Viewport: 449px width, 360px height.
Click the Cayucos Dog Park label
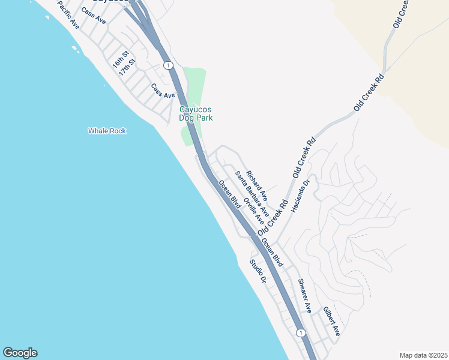coord(196,113)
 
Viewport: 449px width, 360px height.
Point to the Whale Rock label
coord(107,130)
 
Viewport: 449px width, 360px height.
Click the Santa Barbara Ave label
coord(252,194)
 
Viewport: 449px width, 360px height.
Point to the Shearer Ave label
coord(305,295)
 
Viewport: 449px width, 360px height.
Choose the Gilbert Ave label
coord(332,321)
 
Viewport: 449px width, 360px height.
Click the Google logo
coord(20,353)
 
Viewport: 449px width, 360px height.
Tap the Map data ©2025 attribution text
coord(423,355)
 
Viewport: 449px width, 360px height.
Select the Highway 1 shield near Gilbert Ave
coord(301,332)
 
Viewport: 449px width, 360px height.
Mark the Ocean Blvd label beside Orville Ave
coord(230,194)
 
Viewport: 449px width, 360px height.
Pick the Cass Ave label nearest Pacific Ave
coord(93,16)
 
